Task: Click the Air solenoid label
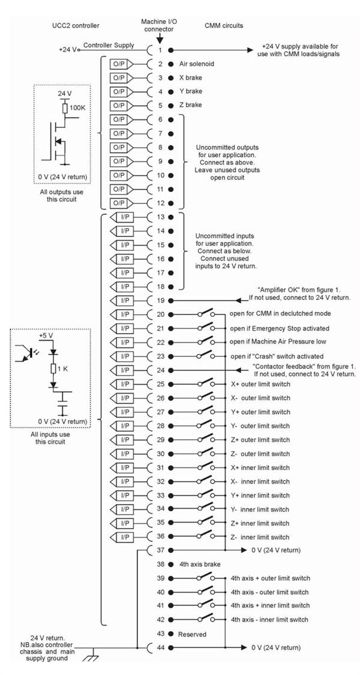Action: pyautogui.click(x=197, y=63)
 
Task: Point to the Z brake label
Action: pyautogui.click(x=191, y=106)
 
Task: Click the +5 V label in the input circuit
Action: pyautogui.click(x=47, y=336)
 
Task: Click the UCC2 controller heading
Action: pyautogui.click(x=76, y=26)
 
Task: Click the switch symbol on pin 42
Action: pyautogui.click(x=206, y=619)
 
